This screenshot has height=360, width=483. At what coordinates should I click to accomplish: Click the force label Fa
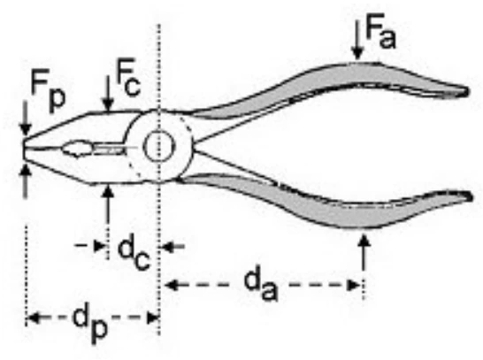point(380,31)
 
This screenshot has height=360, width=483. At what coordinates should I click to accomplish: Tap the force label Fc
point(128,78)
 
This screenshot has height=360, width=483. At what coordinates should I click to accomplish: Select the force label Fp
point(48,91)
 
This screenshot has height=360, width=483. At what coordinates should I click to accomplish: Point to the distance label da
point(261,286)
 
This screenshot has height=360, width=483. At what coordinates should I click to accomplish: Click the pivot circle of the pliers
point(159,147)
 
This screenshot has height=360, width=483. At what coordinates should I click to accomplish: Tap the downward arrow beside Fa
point(357,40)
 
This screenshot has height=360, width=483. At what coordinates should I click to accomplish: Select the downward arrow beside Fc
point(108,93)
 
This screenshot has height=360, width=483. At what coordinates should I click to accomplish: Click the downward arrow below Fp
point(26,119)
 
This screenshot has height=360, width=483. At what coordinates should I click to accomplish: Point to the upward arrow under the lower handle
point(364,252)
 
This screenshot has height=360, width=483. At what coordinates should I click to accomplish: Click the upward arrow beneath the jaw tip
point(26,180)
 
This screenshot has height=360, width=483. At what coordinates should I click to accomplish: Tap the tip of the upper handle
point(468,91)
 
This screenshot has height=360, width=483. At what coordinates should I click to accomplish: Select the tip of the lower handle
point(470,196)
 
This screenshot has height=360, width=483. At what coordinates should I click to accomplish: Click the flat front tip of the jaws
point(23,149)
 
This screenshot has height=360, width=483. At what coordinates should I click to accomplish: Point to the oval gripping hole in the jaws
point(77,149)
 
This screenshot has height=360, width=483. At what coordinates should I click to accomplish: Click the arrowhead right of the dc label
point(166,247)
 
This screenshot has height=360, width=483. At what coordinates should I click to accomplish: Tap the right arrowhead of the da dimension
point(354,285)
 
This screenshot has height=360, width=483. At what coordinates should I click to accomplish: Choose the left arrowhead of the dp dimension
point(33,318)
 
